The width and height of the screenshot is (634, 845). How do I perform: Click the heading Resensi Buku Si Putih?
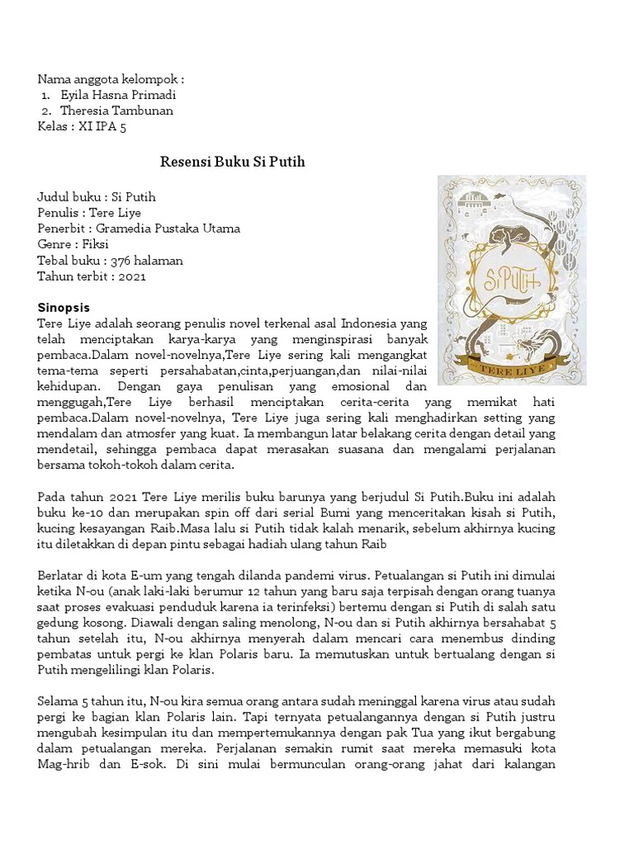(x=232, y=162)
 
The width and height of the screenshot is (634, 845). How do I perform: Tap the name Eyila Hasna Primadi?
(x=119, y=95)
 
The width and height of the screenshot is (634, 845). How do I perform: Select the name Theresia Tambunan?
(x=122, y=111)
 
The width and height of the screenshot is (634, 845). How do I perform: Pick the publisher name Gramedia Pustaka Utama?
(x=168, y=229)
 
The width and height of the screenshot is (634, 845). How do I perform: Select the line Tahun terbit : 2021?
(x=91, y=276)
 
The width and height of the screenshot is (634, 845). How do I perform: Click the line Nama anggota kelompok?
(x=111, y=79)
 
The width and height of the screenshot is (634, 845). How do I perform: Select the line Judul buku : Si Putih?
(x=97, y=197)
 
